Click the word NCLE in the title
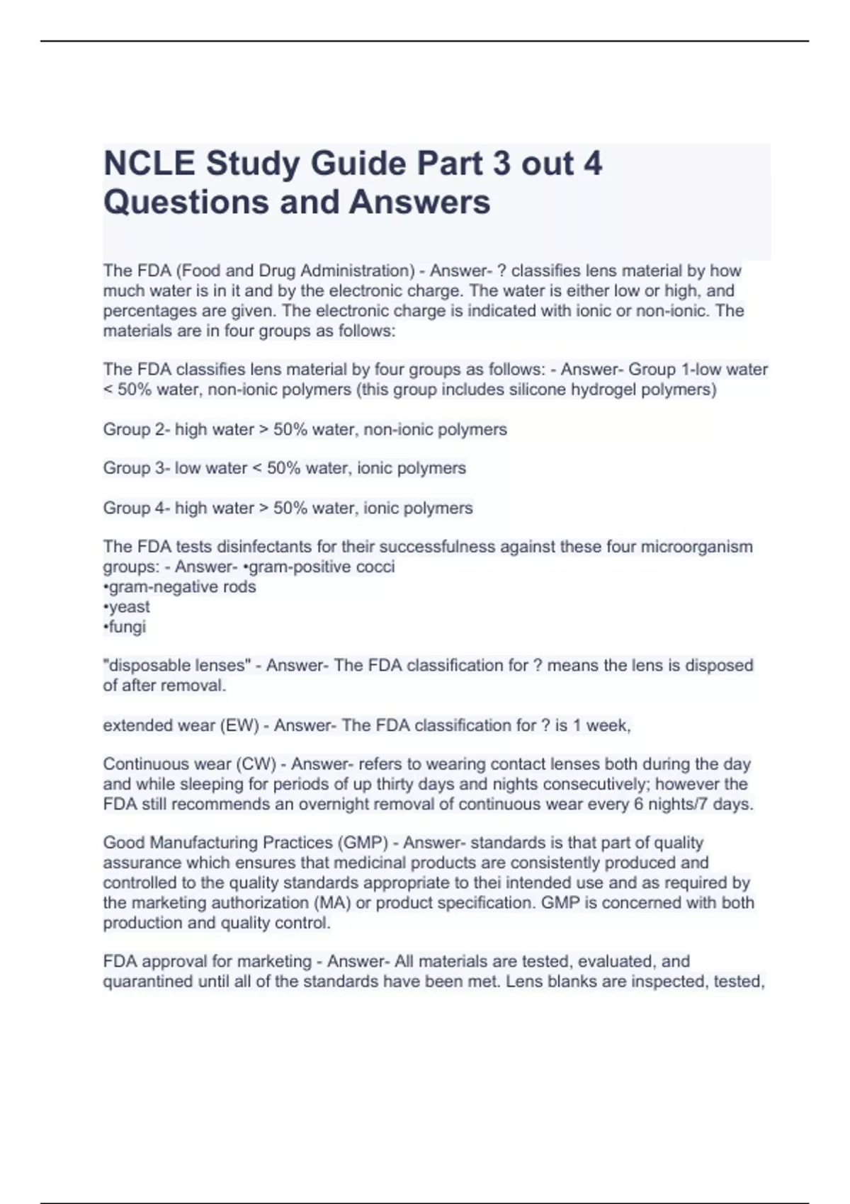click(x=149, y=164)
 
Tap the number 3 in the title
click(x=501, y=164)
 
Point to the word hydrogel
click(x=603, y=390)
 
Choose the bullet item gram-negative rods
click(x=182, y=586)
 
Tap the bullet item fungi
click(x=127, y=626)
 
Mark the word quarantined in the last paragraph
click(x=148, y=982)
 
